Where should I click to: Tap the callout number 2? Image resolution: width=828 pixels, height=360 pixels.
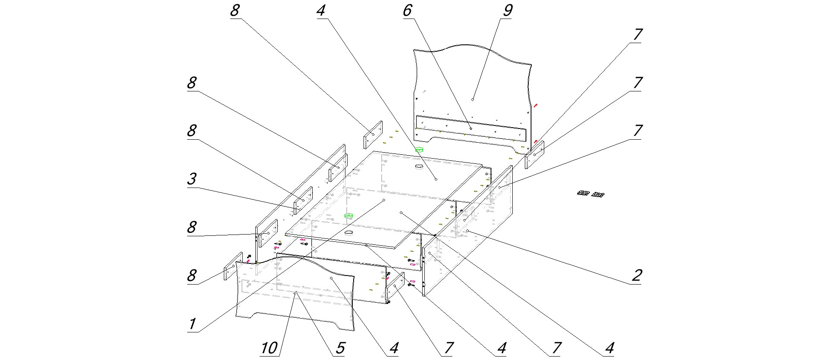point(637,275)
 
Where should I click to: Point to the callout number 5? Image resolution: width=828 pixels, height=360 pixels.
point(340,348)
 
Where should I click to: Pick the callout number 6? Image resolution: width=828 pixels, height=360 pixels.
point(407,11)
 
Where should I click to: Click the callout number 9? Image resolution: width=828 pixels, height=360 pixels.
point(507,11)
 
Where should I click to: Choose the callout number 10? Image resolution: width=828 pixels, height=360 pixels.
point(270,348)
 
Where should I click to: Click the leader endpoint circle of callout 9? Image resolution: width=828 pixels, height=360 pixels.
point(473,100)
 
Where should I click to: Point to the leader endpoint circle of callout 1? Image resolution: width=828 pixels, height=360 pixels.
point(383,200)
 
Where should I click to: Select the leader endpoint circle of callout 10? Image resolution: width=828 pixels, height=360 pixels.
point(295,293)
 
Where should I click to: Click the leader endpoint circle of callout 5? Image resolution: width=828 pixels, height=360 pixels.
point(295,293)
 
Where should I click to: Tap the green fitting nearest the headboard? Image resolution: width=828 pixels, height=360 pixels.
point(420,150)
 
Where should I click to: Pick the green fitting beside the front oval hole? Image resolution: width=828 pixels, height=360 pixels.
point(349,215)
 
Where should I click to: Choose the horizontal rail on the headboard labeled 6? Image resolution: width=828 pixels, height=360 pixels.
point(470,128)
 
